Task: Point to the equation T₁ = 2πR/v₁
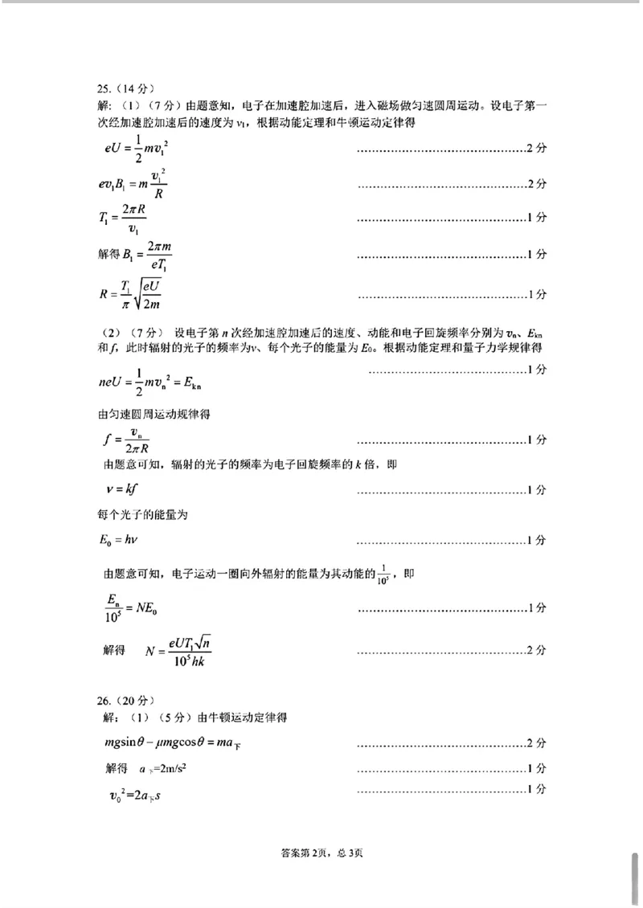pos(121,219)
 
